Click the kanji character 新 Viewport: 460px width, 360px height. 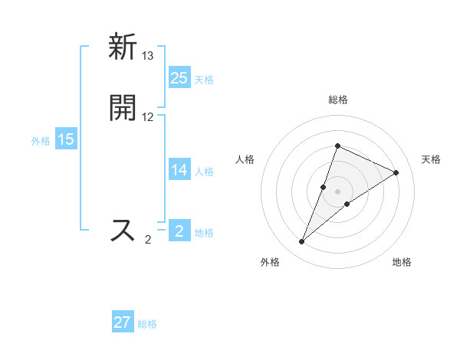(x=123, y=47)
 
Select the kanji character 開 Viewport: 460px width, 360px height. (x=123, y=108)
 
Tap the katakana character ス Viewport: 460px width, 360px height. (x=123, y=230)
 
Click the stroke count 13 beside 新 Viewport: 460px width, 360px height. (x=148, y=56)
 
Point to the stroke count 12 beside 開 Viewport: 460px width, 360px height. (x=148, y=117)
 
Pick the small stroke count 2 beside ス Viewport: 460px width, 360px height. (x=148, y=240)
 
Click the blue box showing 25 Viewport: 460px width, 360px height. (x=179, y=77)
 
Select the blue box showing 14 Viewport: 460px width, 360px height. (x=179, y=170)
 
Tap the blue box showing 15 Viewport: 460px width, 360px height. (x=66, y=139)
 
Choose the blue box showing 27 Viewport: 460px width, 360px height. (x=123, y=322)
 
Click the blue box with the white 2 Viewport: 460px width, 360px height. (x=179, y=231)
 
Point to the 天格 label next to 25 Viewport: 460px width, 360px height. (x=204, y=79)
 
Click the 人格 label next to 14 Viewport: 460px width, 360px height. (x=204, y=172)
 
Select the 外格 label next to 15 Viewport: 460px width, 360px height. (x=41, y=141)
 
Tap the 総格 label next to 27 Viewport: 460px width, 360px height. (x=148, y=324)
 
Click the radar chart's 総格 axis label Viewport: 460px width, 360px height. (x=337, y=100)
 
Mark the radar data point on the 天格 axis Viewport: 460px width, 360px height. (x=396, y=172)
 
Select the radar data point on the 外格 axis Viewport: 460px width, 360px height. (x=301, y=242)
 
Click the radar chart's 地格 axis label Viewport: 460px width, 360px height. (x=402, y=263)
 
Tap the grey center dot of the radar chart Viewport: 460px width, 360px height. (x=337, y=191)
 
